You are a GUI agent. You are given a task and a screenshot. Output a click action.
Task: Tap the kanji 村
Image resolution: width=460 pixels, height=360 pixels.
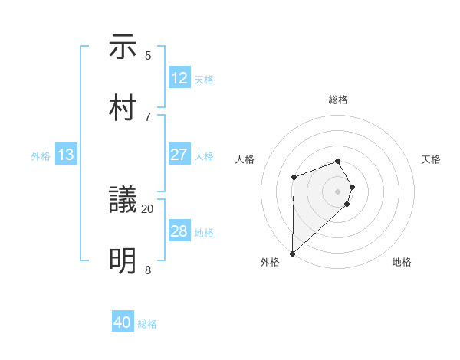click(x=123, y=108)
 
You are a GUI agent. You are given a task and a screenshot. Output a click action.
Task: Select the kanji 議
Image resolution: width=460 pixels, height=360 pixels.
click(x=123, y=201)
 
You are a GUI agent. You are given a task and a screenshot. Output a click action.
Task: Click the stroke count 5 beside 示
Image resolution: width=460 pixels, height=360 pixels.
click(x=148, y=55)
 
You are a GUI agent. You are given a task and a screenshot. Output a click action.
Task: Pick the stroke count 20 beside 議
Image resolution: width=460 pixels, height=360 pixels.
click(x=148, y=208)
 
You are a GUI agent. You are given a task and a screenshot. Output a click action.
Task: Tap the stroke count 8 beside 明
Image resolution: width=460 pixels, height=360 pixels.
click(x=148, y=270)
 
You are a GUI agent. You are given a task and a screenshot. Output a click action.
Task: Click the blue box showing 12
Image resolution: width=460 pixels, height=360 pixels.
click(x=179, y=78)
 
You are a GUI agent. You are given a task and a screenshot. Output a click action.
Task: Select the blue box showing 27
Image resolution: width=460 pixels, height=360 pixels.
click(x=179, y=155)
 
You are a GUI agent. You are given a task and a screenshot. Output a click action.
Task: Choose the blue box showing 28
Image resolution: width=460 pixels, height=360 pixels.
click(x=179, y=231)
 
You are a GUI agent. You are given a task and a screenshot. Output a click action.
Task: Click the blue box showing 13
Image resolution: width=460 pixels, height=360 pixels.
click(x=66, y=155)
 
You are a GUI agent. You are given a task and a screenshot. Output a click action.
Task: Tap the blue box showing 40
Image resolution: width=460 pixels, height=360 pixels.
click(x=123, y=323)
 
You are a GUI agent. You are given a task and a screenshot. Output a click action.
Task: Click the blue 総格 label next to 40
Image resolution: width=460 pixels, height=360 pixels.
click(x=147, y=324)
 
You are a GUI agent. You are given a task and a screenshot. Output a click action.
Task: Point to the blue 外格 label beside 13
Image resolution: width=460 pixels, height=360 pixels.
click(x=41, y=156)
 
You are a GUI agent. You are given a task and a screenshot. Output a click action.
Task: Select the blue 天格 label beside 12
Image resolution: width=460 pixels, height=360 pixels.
click(x=204, y=80)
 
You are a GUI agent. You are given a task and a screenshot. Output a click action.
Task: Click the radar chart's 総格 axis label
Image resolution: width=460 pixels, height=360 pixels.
click(x=338, y=100)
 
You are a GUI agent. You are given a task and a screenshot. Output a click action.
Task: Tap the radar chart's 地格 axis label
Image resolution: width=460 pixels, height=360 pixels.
click(x=402, y=262)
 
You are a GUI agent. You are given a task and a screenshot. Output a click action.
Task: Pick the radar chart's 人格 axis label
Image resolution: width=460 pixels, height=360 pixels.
click(x=245, y=159)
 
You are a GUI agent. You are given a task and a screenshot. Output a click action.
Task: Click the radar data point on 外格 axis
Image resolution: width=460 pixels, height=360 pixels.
click(x=292, y=253)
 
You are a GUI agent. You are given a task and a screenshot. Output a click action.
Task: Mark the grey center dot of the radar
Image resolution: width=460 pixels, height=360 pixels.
click(x=338, y=190)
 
